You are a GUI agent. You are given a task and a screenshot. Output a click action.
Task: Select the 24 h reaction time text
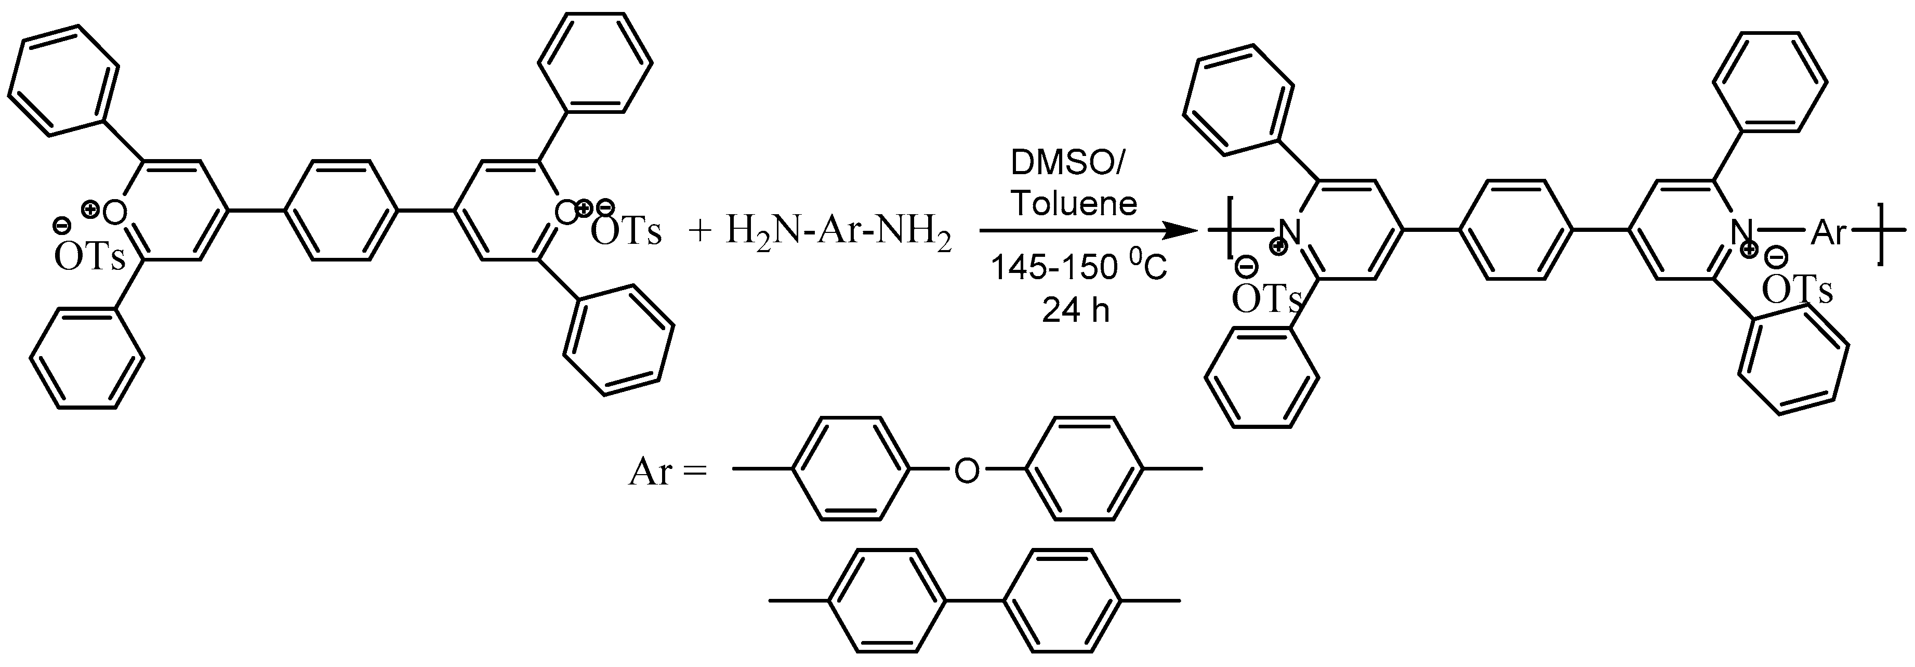click(x=1076, y=310)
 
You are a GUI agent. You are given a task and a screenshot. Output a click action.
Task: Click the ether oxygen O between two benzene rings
click(x=967, y=470)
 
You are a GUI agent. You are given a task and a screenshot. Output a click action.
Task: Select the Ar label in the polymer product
click(x=1828, y=233)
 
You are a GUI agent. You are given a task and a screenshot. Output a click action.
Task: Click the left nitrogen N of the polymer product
click(x=1292, y=232)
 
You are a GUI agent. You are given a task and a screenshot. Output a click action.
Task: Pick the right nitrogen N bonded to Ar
click(x=1741, y=232)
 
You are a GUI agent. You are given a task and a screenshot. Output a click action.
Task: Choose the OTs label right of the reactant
click(x=625, y=233)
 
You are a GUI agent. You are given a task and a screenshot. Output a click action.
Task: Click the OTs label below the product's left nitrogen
click(x=1266, y=299)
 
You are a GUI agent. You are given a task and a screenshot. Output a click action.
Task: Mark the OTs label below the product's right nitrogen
click(x=1797, y=291)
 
